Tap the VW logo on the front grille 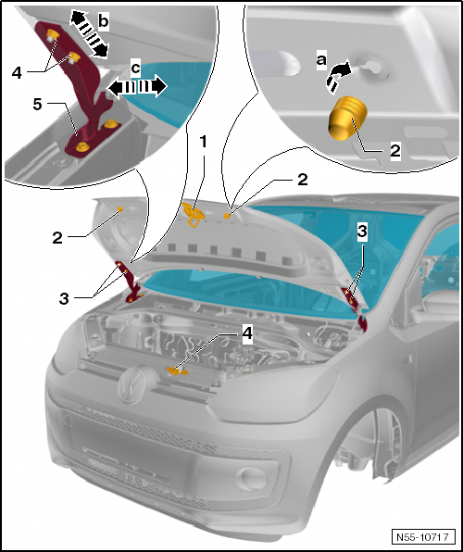pyautogui.click(x=132, y=383)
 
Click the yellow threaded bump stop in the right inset pyautogui.click(x=348, y=118)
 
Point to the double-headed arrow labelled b pyautogui.click(x=88, y=33)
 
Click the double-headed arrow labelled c pyautogui.click(x=137, y=87)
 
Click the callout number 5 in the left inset pyautogui.click(x=38, y=105)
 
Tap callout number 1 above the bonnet pyautogui.click(x=203, y=142)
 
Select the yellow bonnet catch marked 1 pyautogui.click(x=193, y=214)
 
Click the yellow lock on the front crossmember pyautogui.click(x=177, y=371)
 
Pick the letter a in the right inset pyautogui.click(x=321, y=60)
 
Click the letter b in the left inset pyautogui.click(x=103, y=20)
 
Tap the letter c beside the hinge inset pyautogui.click(x=135, y=68)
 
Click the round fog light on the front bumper pyautogui.click(x=253, y=479)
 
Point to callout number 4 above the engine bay pyautogui.click(x=248, y=332)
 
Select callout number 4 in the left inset pyautogui.click(x=18, y=73)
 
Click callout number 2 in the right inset pyautogui.click(x=395, y=151)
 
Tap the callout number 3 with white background pyautogui.click(x=362, y=232)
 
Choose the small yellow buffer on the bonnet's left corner pyautogui.click(x=120, y=210)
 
